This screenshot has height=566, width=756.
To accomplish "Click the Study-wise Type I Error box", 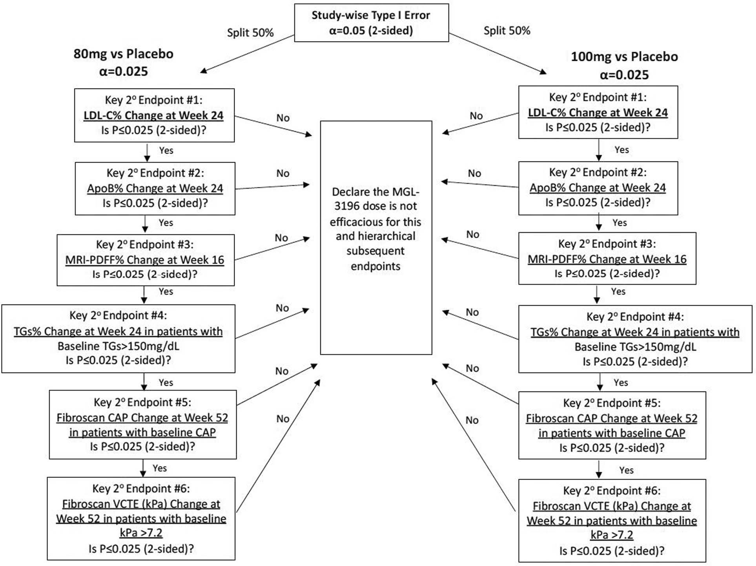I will coord(371,23).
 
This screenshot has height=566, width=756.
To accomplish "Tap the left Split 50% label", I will coord(250,33).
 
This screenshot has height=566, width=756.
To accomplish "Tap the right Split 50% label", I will coord(506,31).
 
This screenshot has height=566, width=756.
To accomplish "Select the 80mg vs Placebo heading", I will coord(123,54).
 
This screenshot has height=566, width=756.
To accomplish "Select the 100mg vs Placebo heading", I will coord(624,57).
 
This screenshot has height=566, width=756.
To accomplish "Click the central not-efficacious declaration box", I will coord(376,237).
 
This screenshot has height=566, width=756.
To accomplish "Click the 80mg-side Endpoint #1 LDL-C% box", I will coord(154,115).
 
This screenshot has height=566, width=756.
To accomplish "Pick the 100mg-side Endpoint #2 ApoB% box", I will coord(598,188).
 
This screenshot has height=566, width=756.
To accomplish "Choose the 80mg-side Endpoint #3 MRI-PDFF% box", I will coord(145,260).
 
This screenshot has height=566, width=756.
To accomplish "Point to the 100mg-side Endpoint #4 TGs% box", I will coord(635,339).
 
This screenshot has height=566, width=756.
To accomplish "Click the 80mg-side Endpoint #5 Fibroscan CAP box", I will coord(142,424).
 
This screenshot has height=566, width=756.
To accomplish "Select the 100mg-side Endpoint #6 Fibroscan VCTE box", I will coord(612,520).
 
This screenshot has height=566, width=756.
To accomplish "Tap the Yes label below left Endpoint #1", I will coord(166,150).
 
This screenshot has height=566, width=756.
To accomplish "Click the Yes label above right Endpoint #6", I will coord(626,470).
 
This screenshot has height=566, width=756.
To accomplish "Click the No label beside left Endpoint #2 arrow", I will coord(282,173).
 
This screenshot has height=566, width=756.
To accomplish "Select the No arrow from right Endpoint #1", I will coord(481,123).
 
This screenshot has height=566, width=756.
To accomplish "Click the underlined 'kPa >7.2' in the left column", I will coord(141,533).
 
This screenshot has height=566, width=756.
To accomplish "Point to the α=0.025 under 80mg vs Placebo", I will coord(123,71).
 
